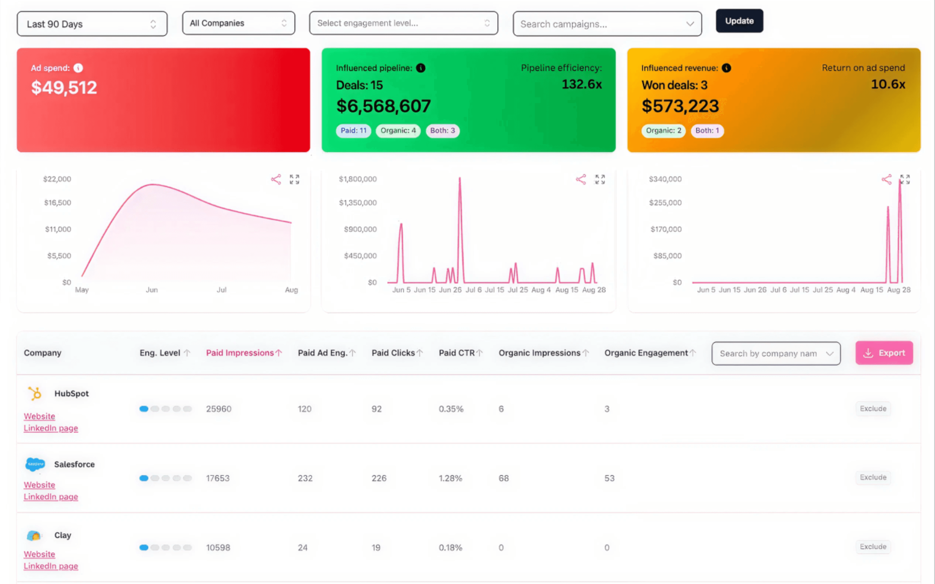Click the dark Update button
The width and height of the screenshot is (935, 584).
[739, 21]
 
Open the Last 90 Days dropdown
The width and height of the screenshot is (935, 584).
[92, 24]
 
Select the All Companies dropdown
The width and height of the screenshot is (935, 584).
[238, 23]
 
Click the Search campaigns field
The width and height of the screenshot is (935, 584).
[607, 24]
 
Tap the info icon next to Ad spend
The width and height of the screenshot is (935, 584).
[78, 68]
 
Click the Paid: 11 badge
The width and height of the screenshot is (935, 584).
[353, 131]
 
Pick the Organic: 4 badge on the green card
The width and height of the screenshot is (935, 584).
[398, 131]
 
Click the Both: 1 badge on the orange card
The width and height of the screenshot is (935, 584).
[707, 131]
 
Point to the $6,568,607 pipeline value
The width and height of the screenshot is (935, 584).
[383, 106]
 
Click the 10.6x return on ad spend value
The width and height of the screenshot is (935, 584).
[888, 84]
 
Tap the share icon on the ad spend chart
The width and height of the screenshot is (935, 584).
[276, 179]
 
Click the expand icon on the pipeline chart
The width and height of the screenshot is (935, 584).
[600, 179]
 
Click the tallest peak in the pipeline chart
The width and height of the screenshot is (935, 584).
[459, 178]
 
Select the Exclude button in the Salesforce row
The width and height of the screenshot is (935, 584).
[873, 478]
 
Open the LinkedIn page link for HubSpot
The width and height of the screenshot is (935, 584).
[51, 428]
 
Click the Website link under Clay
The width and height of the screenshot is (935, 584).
[39, 554]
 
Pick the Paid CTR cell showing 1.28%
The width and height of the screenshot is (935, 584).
[450, 478]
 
